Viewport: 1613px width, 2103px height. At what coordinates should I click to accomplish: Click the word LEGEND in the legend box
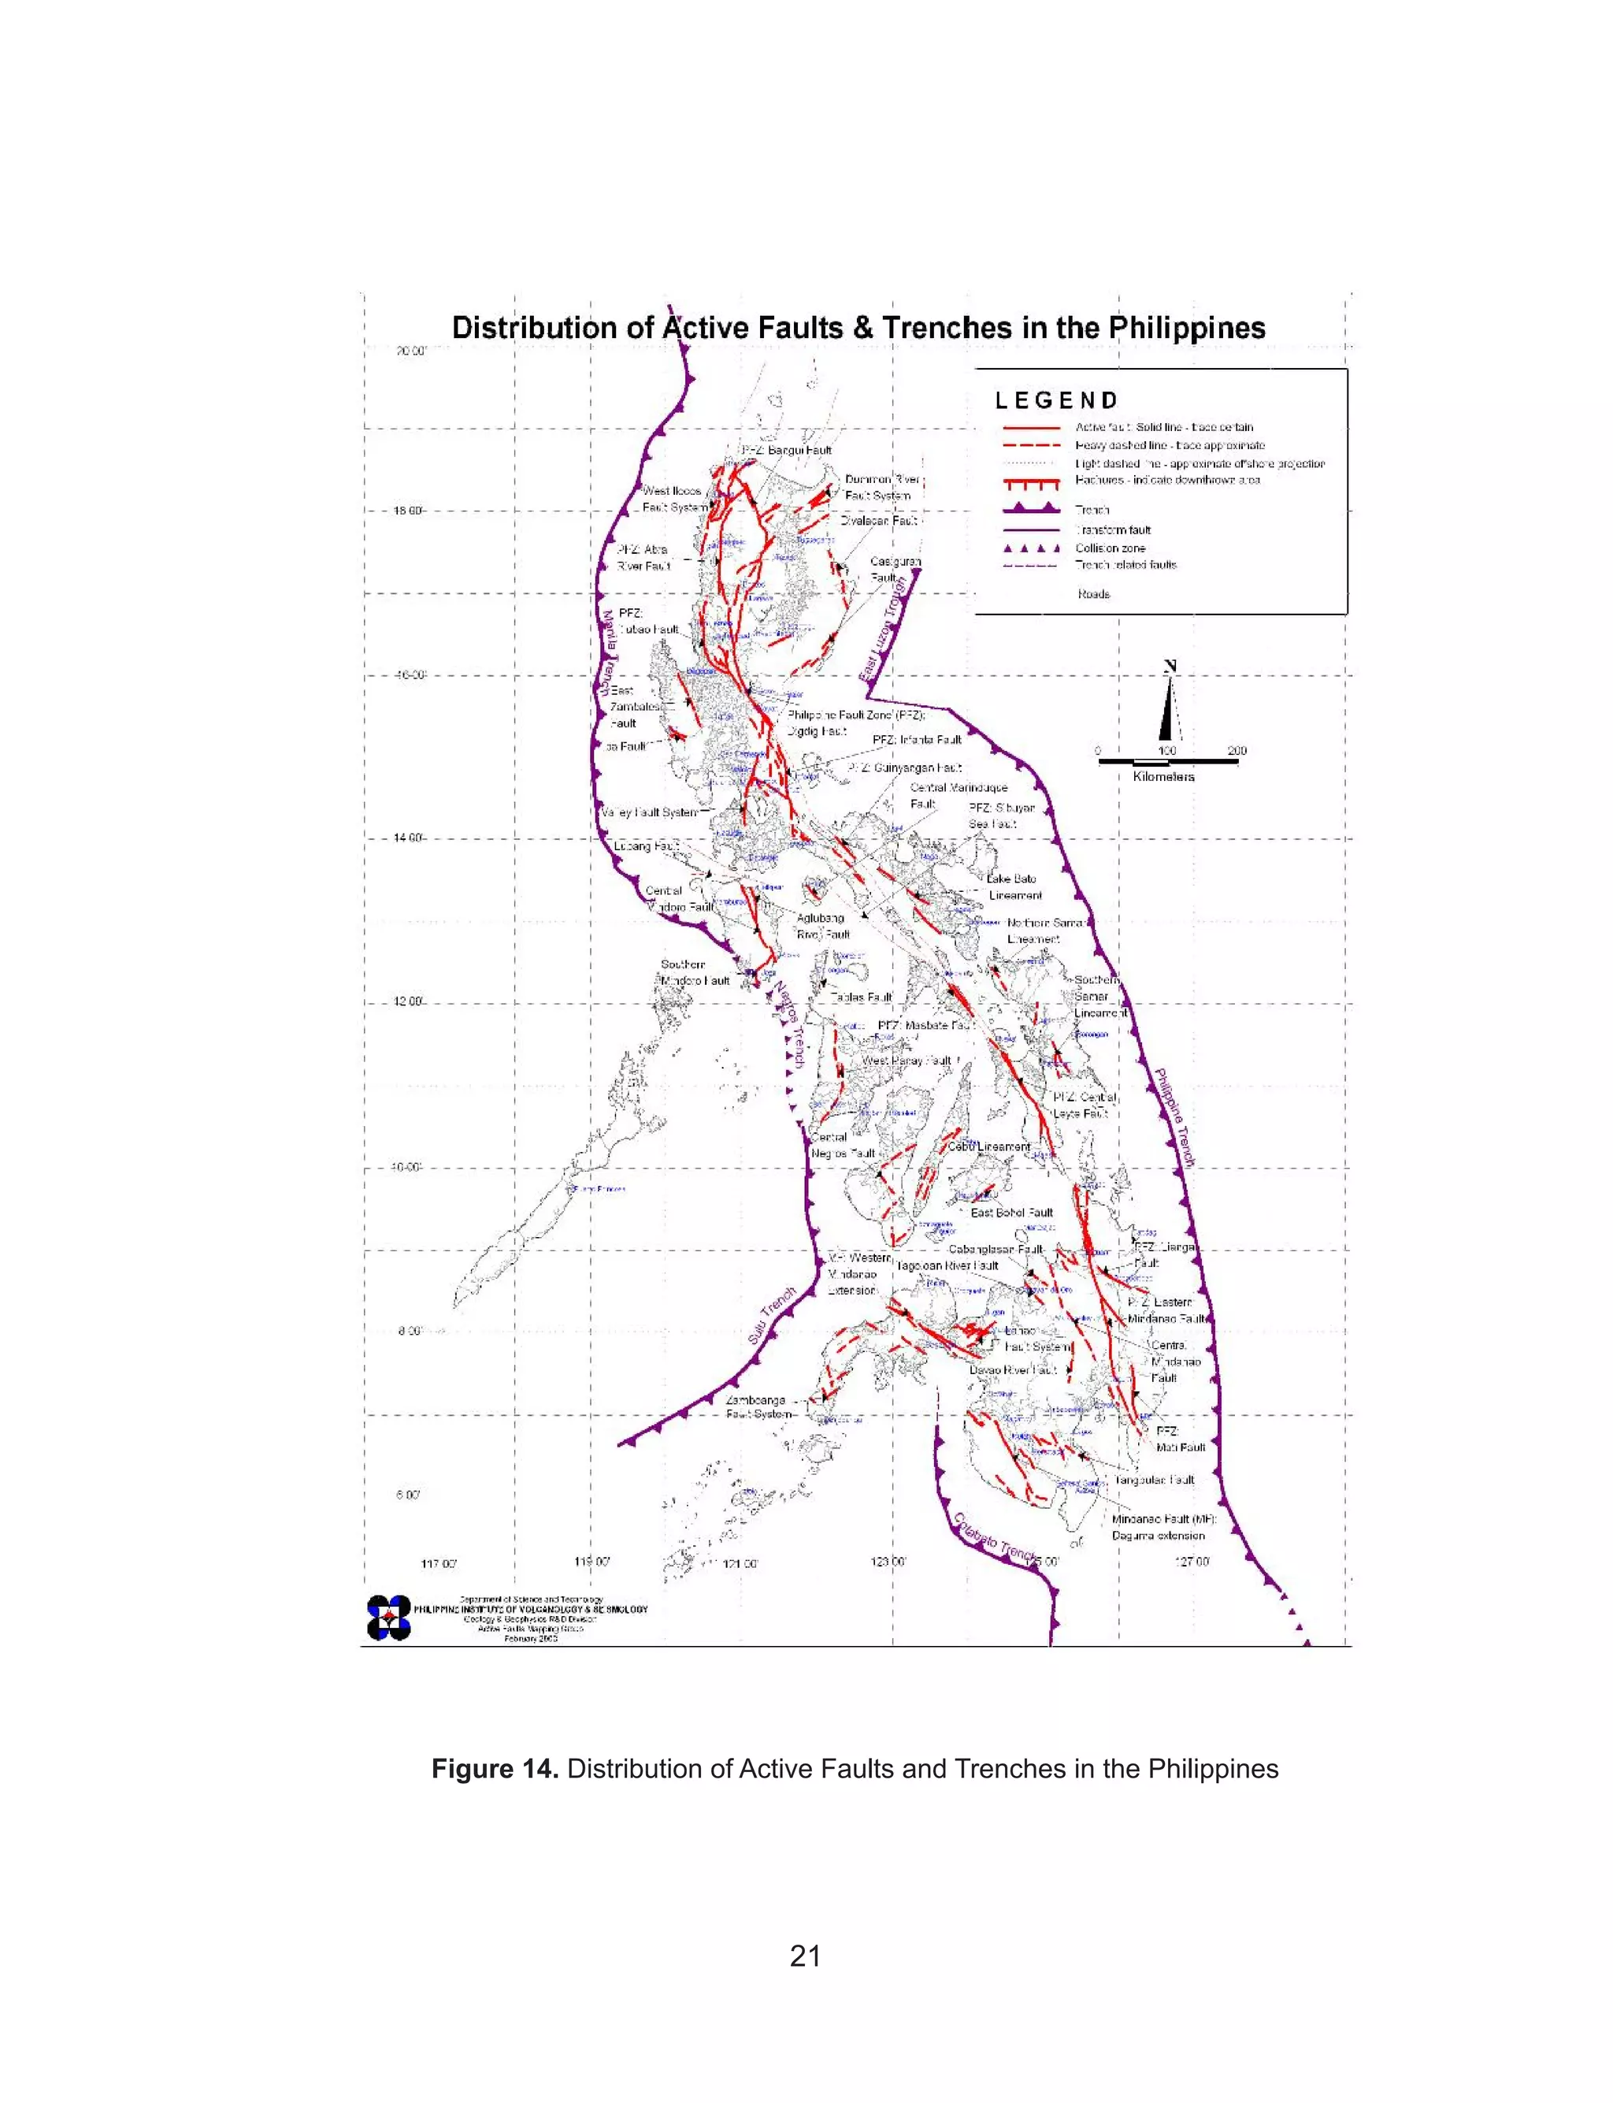[x=1056, y=400]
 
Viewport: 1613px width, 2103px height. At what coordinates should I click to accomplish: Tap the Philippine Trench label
[x=1174, y=1118]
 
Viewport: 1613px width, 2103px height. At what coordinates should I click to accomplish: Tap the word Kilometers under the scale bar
[x=1162, y=777]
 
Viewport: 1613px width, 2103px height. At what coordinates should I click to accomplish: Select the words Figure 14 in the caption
[x=495, y=1769]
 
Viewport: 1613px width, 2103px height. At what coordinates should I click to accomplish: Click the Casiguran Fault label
[x=895, y=570]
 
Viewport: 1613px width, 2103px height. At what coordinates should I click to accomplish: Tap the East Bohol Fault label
[x=1012, y=1213]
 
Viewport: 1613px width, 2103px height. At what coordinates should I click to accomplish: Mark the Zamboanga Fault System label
[x=758, y=1406]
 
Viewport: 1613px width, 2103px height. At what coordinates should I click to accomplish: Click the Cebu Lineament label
[x=989, y=1146]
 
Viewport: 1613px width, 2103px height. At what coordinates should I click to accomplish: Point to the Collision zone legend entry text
[x=1110, y=548]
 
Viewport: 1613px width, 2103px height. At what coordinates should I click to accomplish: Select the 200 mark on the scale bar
[x=1237, y=751]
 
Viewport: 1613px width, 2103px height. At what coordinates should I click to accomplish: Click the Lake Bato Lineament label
[x=1013, y=887]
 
